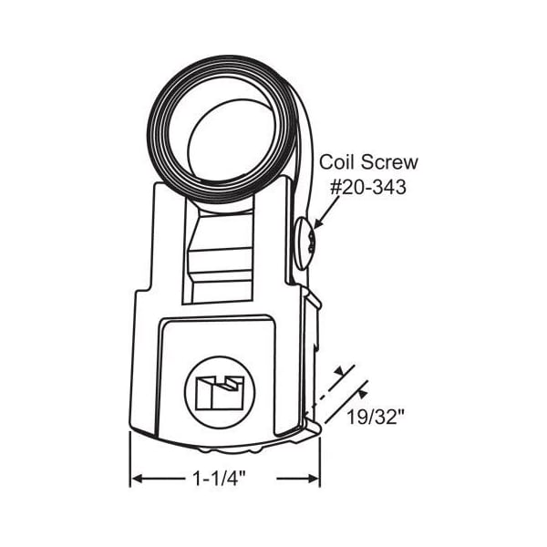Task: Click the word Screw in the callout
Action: (x=389, y=162)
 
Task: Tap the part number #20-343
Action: (x=368, y=187)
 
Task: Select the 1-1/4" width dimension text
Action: (x=220, y=478)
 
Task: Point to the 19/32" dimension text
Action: (x=375, y=417)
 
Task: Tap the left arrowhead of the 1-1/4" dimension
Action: (x=138, y=479)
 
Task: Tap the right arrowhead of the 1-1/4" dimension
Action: (x=313, y=479)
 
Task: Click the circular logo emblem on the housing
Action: (x=220, y=392)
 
